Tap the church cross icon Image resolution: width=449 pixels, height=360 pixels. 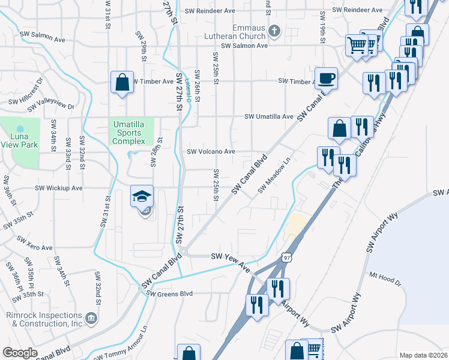274,31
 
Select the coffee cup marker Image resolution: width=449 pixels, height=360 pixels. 326,79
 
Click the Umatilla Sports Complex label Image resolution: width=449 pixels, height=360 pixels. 128,133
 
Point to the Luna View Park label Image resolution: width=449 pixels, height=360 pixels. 20,140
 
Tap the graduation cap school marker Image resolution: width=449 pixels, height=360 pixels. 142,197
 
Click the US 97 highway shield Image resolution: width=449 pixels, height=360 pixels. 286,257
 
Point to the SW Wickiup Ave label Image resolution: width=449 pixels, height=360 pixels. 59,188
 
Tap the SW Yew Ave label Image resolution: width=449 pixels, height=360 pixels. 229,259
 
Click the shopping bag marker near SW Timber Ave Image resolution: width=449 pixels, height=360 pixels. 122,83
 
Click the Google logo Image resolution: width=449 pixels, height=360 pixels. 19,353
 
